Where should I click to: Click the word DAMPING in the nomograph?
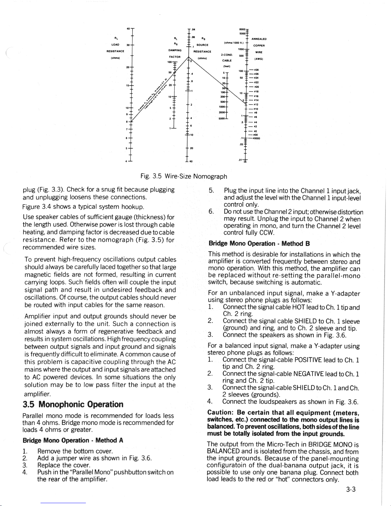pyautogui.click(x=175, y=50)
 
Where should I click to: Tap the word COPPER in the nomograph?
pyautogui.click(x=258, y=45)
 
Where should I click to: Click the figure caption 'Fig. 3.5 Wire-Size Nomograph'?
pyautogui.click(x=184, y=176)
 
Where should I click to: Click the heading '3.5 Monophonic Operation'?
pyautogui.click(x=73, y=404)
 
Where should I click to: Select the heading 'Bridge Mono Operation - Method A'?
pyautogui.click(x=73, y=440)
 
